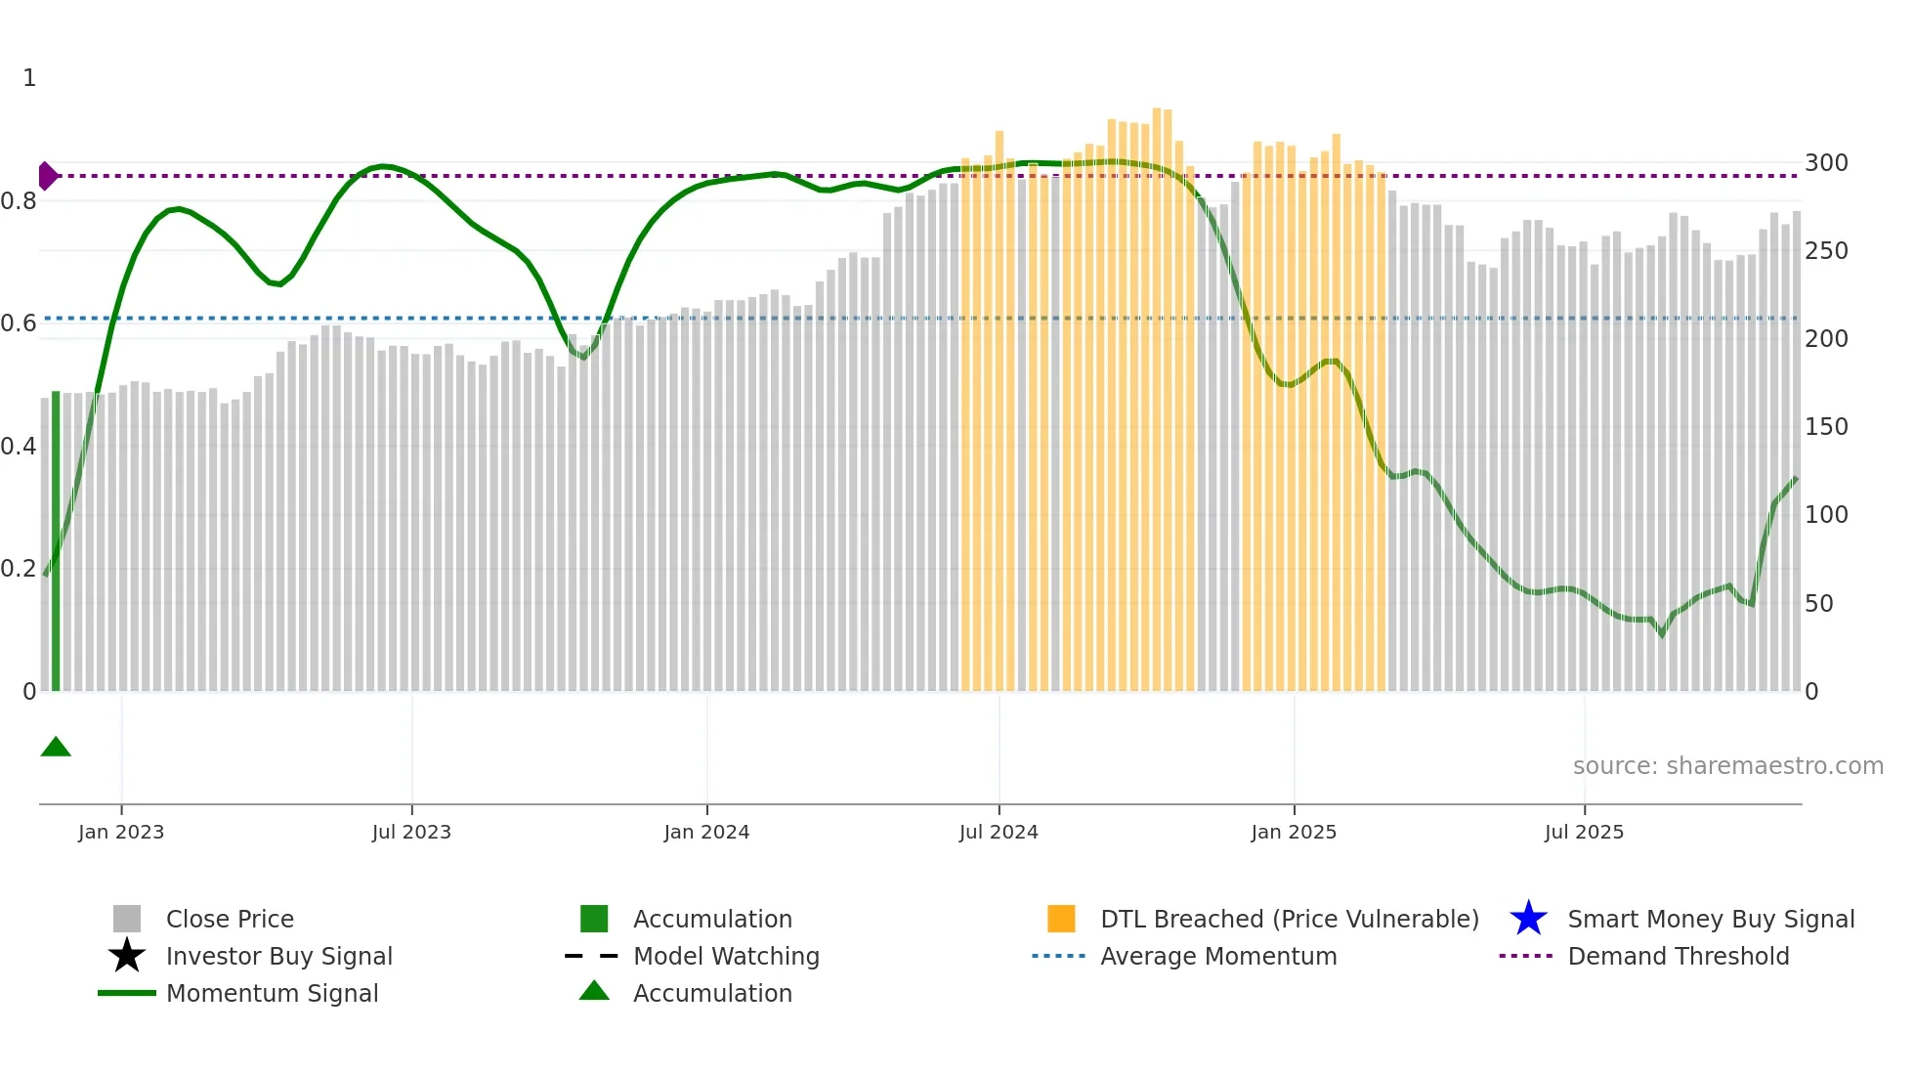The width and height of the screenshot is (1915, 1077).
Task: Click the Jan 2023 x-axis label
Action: [x=121, y=832]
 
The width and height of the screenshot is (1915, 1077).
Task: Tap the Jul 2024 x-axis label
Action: [x=999, y=832]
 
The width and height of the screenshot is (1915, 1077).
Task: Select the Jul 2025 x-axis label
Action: [x=1584, y=832]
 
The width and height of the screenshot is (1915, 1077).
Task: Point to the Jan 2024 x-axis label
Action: [x=706, y=832]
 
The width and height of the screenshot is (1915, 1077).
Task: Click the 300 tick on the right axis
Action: [x=1826, y=163]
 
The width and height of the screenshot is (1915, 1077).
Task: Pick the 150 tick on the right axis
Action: [x=1826, y=427]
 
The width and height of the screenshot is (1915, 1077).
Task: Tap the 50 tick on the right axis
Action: [x=1819, y=604]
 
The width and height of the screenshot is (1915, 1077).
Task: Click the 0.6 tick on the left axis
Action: [x=19, y=323]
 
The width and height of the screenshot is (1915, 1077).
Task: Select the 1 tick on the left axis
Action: [x=29, y=78]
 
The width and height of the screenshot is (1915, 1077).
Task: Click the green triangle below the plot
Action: [x=56, y=748]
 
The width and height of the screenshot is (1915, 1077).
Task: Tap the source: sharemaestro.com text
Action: [x=1727, y=766]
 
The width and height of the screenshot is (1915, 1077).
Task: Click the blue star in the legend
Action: [x=1528, y=919]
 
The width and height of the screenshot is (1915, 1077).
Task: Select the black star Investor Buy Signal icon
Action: [x=127, y=956]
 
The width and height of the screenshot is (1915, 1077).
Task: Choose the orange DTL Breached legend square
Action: [x=1061, y=919]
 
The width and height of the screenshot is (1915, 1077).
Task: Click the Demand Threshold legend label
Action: [x=1678, y=956]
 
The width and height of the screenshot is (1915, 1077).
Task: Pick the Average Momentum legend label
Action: [x=1218, y=956]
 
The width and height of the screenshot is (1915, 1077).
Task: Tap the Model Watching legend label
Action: [x=726, y=956]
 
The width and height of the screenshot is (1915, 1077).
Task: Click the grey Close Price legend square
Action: [x=127, y=919]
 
